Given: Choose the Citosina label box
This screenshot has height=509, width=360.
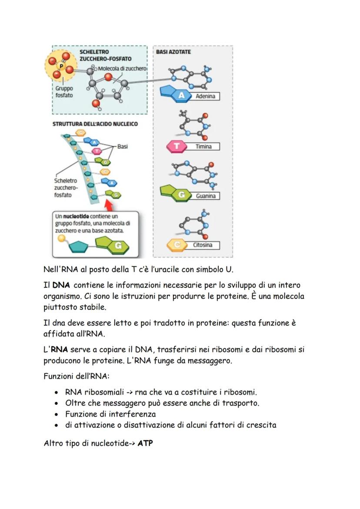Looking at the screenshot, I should (x=203, y=245).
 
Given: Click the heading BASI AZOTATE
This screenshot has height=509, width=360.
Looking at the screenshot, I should (x=173, y=52).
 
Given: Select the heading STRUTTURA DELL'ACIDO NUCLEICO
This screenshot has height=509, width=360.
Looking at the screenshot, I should (x=95, y=124).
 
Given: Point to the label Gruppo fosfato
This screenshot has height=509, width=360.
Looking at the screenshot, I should (x=64, y=92).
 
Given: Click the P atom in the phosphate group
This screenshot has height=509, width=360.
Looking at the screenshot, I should (x=61, y=66).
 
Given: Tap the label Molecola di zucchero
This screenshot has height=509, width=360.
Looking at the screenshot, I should (x=122, y=69).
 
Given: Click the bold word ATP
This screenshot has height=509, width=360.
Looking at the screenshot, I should (x=145, y=444).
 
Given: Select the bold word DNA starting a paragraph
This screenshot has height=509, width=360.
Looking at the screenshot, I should (x=61, y=286).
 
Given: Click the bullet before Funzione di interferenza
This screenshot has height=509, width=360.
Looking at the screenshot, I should (x=57, y=414).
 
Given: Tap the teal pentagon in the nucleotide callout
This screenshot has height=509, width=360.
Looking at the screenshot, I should (x=80, y=247).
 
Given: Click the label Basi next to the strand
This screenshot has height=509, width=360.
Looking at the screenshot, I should (x=123, y=146).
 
